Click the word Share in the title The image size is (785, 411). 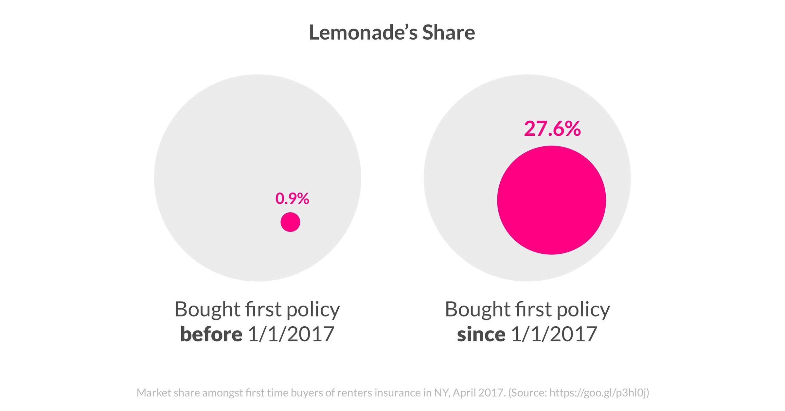(449, 33)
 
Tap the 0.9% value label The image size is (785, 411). (292, 199)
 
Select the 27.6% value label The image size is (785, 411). (552, 129)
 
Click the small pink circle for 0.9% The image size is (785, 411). (290, 222)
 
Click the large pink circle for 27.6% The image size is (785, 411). (551, 200)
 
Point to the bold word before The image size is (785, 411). (211, 334)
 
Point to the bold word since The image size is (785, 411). (481, 334)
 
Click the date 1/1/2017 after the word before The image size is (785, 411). (291, 334)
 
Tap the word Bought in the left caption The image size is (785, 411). (207, 309)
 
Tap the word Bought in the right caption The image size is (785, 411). (477, 309)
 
